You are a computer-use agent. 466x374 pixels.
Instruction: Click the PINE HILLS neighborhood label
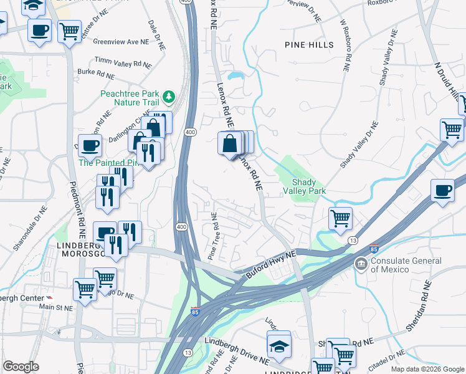point(309,45)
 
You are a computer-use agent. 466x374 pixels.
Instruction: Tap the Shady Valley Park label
point(305,186)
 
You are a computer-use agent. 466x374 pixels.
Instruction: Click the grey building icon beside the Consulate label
point(361,264)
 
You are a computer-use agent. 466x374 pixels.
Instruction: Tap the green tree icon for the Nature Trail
point(168,97)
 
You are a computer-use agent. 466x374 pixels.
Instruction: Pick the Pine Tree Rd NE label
point(213,237)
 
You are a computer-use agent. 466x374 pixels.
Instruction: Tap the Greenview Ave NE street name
point(121,42)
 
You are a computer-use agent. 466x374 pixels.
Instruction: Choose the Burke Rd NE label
point(96,74)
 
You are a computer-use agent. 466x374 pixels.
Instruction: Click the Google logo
point(21,367)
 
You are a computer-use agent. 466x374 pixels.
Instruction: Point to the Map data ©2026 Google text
point(427,369)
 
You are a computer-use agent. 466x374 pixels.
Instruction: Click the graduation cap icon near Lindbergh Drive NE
point(279,345)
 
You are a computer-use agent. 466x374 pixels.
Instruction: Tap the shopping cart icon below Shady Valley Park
point(341,218)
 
